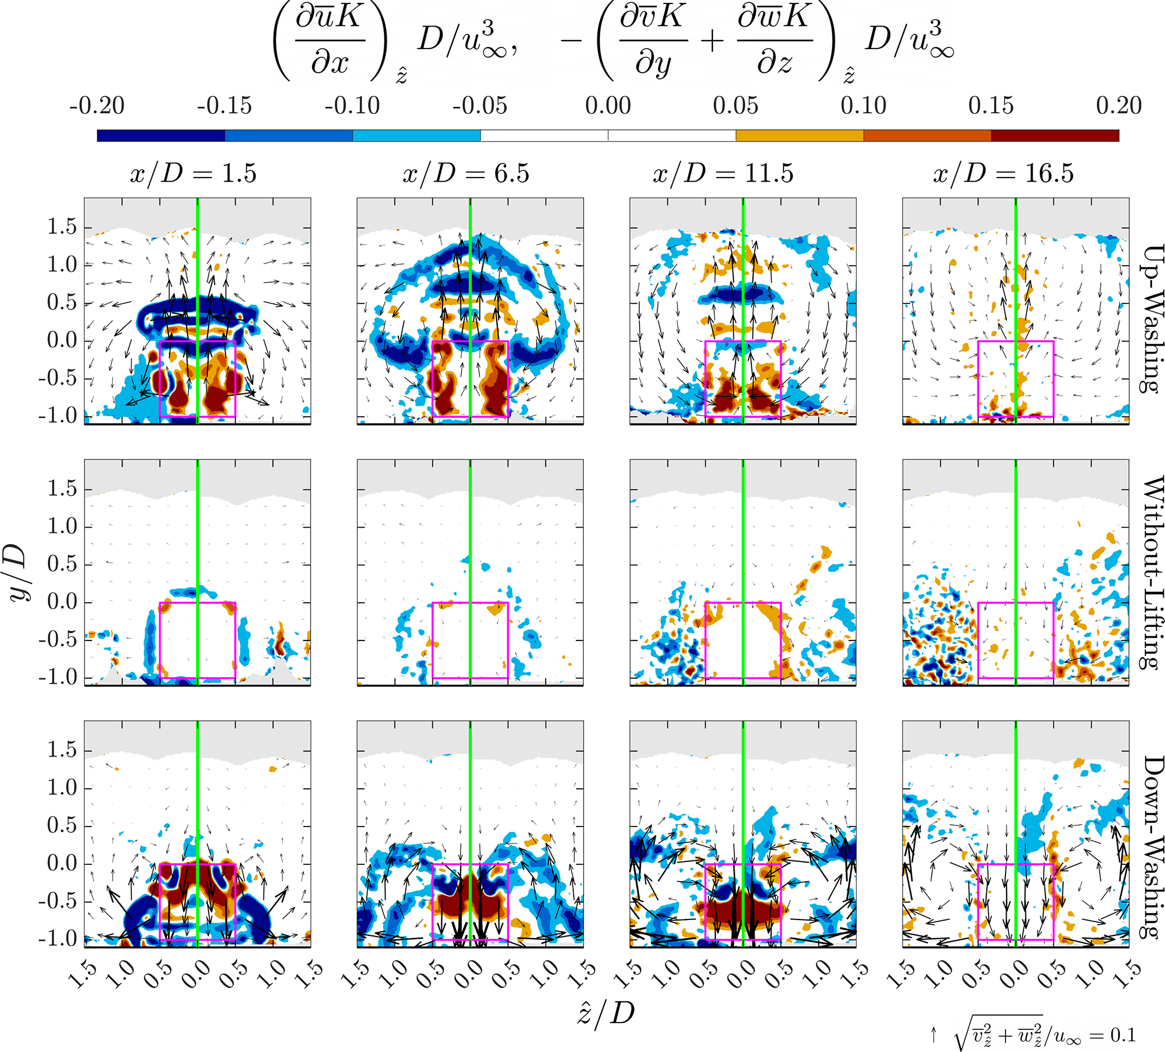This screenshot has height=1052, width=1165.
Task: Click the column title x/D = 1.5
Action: (x=193, y=174)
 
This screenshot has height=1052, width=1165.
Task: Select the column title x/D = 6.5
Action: (x=466, y=174)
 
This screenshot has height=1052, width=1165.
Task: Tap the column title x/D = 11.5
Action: (x=723, y=174)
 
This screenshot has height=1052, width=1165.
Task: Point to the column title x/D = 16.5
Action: (x=1003, y=174)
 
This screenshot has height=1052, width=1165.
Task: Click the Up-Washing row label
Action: (x=1151, y=319)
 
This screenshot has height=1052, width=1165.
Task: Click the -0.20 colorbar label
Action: (x=96, y=106)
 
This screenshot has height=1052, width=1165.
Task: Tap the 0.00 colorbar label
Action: (x=608, y=106)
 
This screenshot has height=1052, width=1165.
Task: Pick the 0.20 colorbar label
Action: (x=1119, y=106)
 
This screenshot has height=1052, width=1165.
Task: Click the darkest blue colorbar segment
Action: (x=161, y=136)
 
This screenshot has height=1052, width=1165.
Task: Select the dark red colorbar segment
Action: (x=1055, y=136)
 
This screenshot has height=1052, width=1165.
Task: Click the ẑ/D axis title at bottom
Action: (x=606, y=1012)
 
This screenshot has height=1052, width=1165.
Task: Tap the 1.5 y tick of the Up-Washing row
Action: (x=62, y=227)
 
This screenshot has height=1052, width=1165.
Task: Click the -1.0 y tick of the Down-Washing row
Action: (x=57, y=939)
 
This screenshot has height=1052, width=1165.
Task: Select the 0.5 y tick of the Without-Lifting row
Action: (x=62, y=564)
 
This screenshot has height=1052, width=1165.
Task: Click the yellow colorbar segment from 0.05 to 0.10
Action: (x=799, y=136)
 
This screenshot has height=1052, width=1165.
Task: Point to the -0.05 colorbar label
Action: (x=480, y=106)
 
